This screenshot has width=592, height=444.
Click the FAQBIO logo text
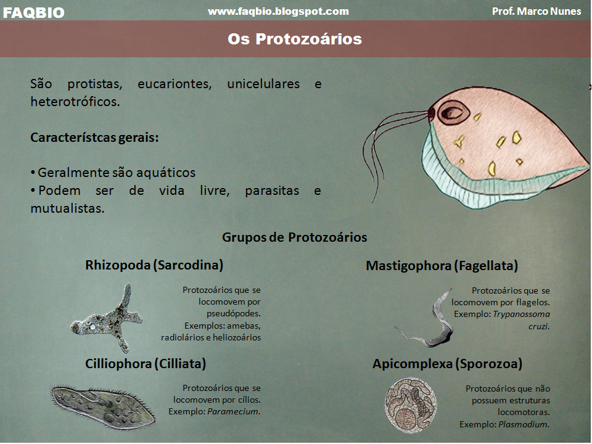[x=33, y=12]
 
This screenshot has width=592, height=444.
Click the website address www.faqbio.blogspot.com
[x=278, y=11]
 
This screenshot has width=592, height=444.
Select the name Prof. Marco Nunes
[x=536, y=11]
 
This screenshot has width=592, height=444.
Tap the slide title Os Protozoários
[x=295, y=39]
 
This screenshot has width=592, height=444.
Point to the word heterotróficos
[x=75, y=102]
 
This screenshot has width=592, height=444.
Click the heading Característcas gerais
[x=94, y=138]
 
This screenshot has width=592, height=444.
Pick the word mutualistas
[x=68, y=208]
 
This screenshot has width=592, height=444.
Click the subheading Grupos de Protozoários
[x=295, y=237]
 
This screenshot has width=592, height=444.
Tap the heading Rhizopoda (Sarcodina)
[x=154, y=265]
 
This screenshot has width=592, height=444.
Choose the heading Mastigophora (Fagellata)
[x=442, y=266]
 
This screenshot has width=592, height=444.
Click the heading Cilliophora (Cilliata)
[x=146, y=364]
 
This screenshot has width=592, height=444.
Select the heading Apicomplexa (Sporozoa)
[x=448, y=364]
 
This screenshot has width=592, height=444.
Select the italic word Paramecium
[x=234, y=411]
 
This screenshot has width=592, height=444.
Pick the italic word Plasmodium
[x=524, y=424]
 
